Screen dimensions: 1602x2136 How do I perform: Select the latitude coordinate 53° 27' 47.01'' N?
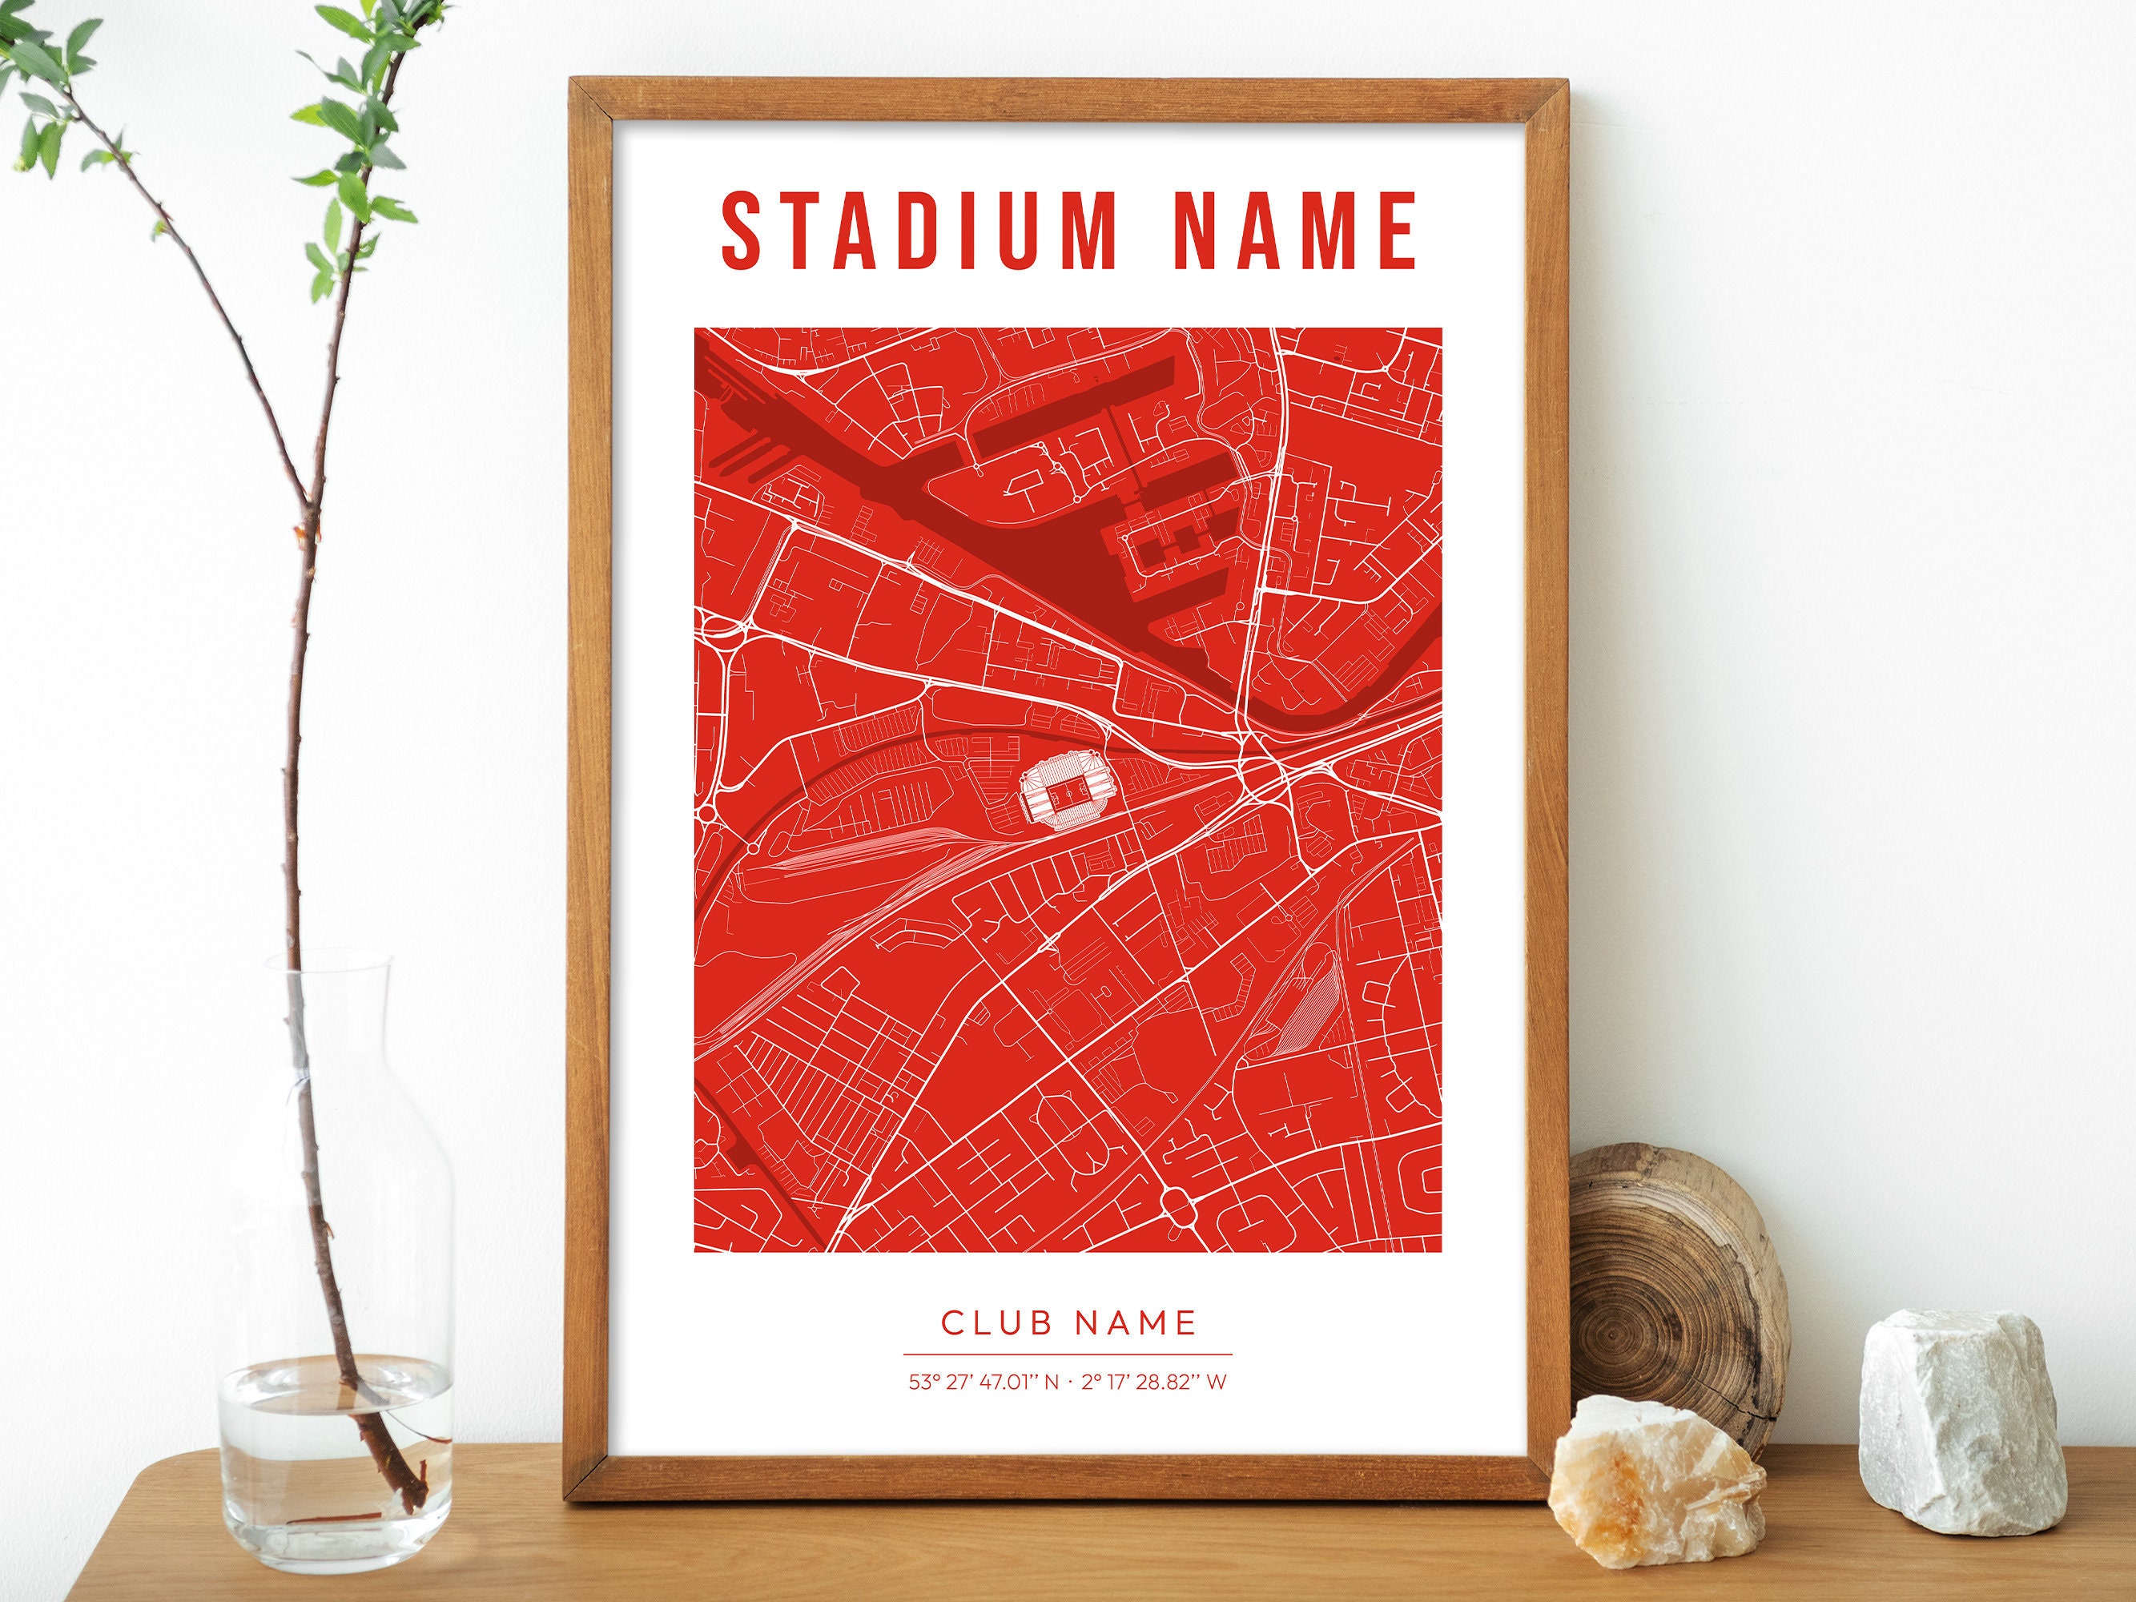983,1382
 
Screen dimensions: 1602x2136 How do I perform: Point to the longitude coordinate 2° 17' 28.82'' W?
1154,1382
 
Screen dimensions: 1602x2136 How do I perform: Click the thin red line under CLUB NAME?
1067,1354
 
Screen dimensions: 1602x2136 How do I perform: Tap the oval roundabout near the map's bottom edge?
1179,1202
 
